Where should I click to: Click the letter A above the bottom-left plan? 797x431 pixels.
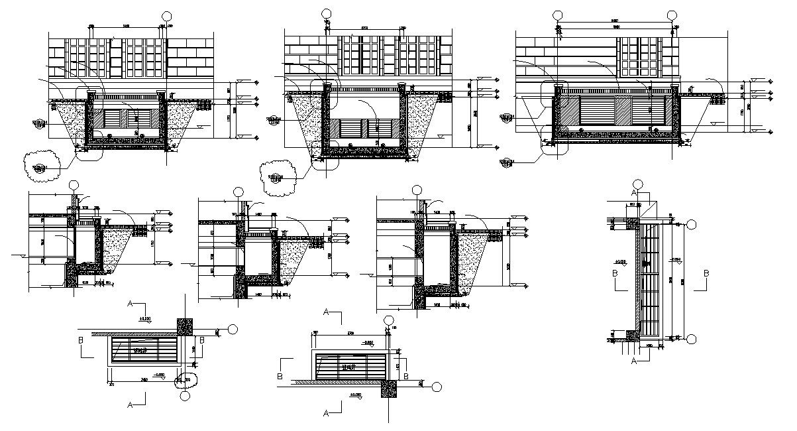tap(131, 304)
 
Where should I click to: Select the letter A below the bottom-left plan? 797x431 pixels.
tap(130, 402)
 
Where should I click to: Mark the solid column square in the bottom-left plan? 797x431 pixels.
tap(185, 325)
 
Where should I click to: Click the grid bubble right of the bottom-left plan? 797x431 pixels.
tap(233, 330)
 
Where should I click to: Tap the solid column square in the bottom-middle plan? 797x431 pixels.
tap(388, 389)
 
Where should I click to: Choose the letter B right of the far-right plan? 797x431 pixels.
tap(706, 273)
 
